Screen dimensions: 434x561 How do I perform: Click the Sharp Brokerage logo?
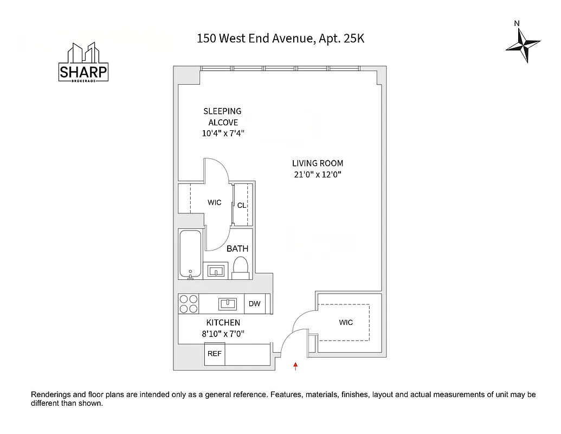click(83, 63)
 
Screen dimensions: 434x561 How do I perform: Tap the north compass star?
click(523, 44)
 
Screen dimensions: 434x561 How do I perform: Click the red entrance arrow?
click(295, 366)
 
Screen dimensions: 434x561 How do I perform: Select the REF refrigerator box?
click(215, 354)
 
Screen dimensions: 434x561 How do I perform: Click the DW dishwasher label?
click(255, 304)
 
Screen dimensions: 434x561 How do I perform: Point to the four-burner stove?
click(189, 304)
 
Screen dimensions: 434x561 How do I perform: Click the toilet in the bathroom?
click(240, 267)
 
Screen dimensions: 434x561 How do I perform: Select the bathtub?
click(190, 254)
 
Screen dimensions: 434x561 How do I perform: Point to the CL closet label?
click(242, 205)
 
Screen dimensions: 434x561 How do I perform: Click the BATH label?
click(237, 248)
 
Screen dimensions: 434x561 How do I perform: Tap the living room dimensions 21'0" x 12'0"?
click(318, 174)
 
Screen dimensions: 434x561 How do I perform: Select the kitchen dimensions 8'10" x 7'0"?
click(223, 334)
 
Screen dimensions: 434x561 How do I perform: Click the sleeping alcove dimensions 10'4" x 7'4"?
click(223, 133)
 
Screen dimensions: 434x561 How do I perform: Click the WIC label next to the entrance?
click(346, 322)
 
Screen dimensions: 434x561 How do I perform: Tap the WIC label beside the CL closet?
click(215, 202)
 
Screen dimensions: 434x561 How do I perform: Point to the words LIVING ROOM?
click(318, 163)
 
